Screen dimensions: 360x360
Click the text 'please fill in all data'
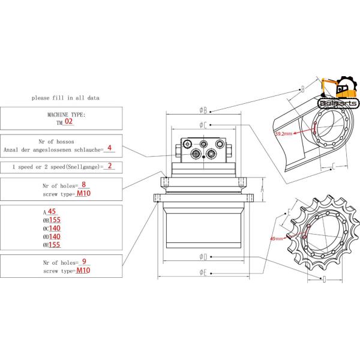pos(66,97)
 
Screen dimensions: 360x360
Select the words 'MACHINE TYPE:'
pos(67,114)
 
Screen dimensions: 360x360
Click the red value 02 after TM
pos(68,121)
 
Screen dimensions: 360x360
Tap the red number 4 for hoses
pos(109,148)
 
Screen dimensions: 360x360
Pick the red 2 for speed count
pos(110,166)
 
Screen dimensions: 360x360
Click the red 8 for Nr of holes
pos(83,185)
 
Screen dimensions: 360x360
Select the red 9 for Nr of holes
pos(83,262)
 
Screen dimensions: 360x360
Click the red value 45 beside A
pos(52,211)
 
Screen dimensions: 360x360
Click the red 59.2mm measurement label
pos(283,134)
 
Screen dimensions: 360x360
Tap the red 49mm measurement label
pos(277,238)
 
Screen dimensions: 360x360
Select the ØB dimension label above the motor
pos(203,110)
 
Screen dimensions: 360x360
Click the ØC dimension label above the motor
pos(203,125)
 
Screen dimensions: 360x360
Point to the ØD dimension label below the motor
pos(203,257)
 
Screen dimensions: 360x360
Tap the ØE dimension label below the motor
pos(203,273)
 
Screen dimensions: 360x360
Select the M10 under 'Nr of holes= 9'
pos(83,271)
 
